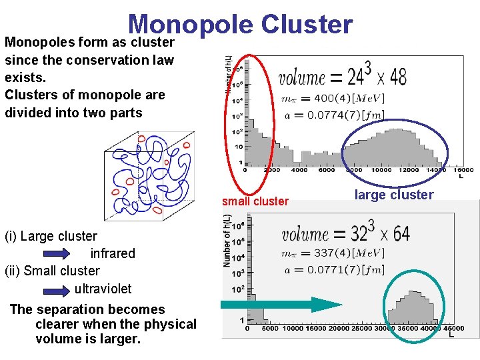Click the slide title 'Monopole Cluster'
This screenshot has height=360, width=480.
tap(240, 24)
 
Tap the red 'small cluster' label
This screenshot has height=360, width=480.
tap(255, 201)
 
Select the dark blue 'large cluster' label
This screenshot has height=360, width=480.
tap(393, 195)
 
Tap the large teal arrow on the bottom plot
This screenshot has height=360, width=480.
tap(280, 305)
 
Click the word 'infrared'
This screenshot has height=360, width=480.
tap(113, 254)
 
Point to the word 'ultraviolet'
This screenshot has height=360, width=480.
tap(103, 289)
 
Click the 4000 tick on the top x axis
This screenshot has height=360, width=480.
tap(299, 170)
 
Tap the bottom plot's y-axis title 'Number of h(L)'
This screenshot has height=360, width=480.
tap(227, 240)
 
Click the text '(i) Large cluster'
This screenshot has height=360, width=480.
tap(51, 237)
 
